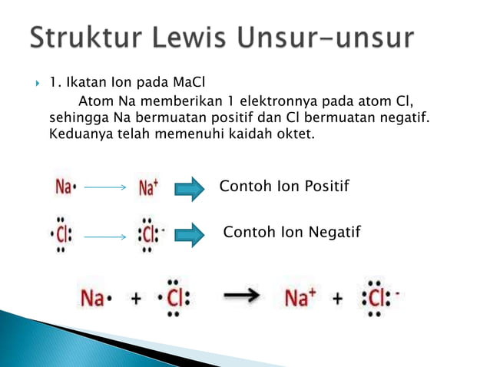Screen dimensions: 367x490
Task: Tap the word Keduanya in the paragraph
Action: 77,134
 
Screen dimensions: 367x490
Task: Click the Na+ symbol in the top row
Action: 148,187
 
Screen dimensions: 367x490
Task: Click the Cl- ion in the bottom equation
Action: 378,298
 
